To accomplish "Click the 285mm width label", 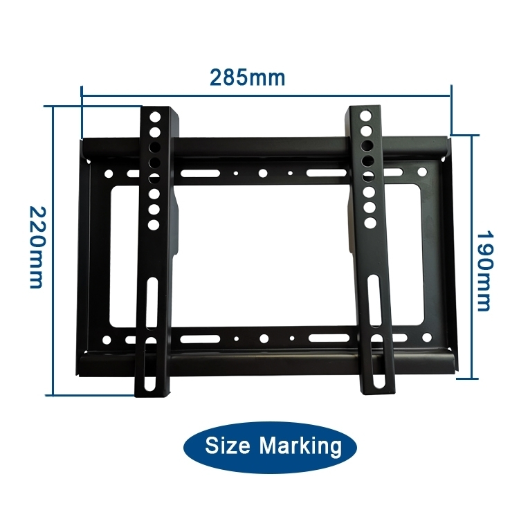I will pos(247,77).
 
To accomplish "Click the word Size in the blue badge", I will pos(228,446).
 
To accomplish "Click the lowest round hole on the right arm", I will pos(370,222).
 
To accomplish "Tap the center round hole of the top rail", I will pos(264,174).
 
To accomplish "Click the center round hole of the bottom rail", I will pos(264,339).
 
